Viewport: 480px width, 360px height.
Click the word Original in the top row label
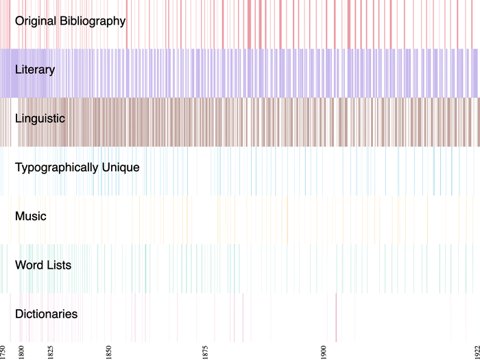point(36,21)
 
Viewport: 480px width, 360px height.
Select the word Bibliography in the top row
point(93,21)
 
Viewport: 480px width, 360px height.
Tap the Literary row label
point(35,70)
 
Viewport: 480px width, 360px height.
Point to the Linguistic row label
point(40,119)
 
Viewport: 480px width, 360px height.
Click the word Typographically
point(56,167)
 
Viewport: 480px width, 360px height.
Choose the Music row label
point(31,217)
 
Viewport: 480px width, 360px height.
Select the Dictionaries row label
point(46,314)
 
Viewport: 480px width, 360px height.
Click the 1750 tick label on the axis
point(3,351)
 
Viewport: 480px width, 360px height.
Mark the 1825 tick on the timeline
point(51,351)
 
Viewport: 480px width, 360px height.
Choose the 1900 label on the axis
point(324,351)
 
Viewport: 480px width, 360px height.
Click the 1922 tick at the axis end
point(477,351)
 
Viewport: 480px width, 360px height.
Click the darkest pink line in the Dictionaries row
point(336,317)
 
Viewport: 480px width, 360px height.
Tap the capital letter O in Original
point(20,21)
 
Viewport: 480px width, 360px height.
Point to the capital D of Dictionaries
point(19,314)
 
